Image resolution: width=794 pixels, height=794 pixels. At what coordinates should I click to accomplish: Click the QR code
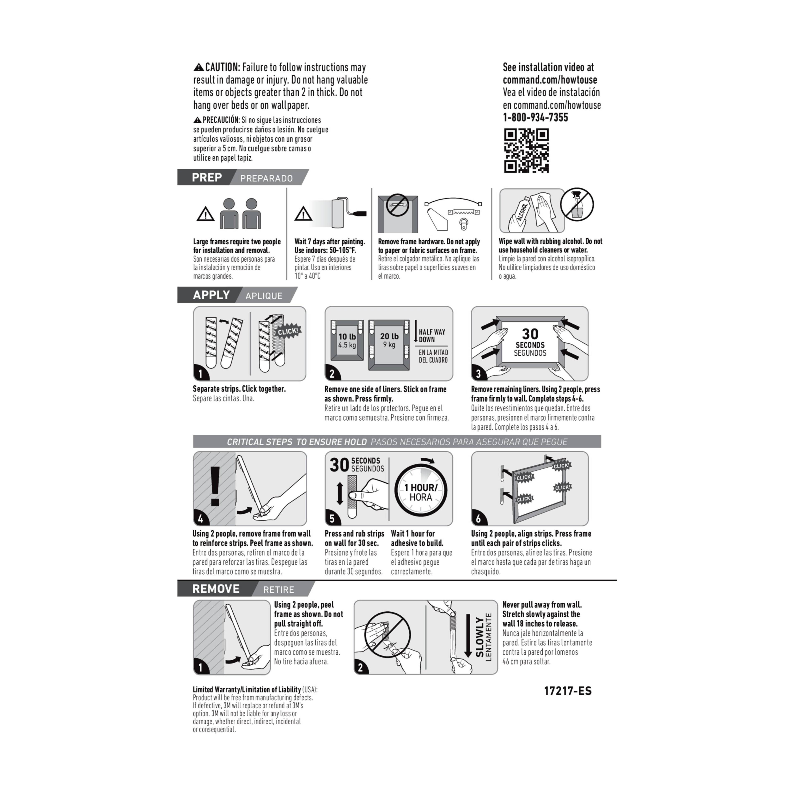[526, 150]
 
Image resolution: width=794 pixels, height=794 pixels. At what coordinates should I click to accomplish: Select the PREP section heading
[207, 178]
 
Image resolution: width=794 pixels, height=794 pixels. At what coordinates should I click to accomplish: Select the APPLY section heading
[211, 295]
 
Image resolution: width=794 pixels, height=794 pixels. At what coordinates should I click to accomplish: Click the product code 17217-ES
[568, 691]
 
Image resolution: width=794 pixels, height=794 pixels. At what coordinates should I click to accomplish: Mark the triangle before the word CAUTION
[198, 67]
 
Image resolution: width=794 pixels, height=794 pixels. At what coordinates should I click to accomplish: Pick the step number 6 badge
[478, 519]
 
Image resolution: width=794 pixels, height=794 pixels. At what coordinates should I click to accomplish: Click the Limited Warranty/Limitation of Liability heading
[247, 689]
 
